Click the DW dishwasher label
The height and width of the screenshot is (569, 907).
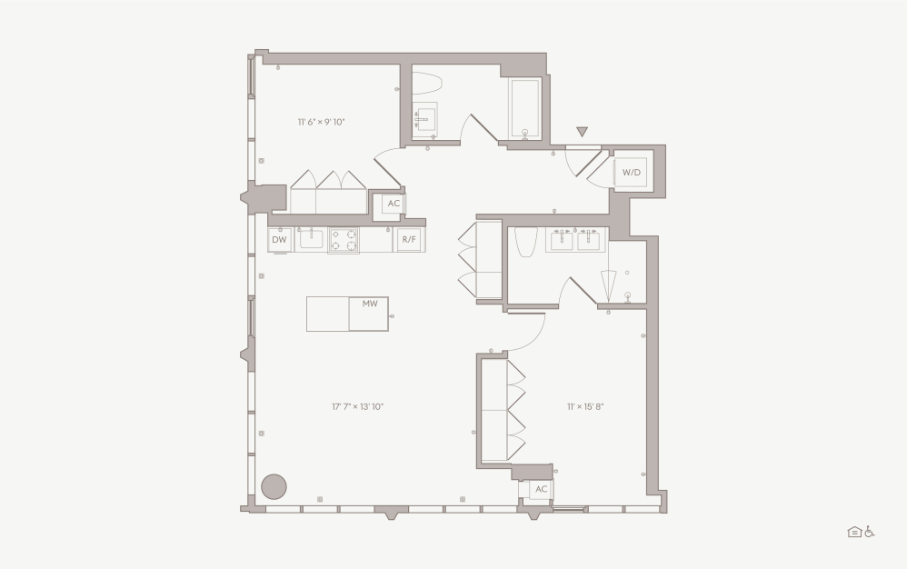[279, 240]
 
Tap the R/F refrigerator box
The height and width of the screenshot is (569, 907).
[409, 240]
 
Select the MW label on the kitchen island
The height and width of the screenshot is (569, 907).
[369, 304]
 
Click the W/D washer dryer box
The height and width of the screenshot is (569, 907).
[631, 172]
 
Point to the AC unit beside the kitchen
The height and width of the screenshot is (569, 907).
[394, 204]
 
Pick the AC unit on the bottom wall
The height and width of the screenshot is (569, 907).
[541, 489]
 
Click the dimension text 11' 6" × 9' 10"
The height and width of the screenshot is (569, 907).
[321, 122]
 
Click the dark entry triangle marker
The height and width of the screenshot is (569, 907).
[582, 133]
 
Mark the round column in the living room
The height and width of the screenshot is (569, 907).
[274, 486]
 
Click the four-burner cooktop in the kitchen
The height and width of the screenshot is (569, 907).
[344, 240]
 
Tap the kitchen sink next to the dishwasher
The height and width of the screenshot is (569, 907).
[312, 239]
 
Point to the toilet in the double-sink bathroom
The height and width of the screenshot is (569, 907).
[526, 243]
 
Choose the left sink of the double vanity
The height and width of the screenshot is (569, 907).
[561, 239]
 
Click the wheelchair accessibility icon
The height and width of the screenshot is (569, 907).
[870, 532]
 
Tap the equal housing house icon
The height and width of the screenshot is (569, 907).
[854, 532]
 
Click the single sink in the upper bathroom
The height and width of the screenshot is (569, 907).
[424, 120]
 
